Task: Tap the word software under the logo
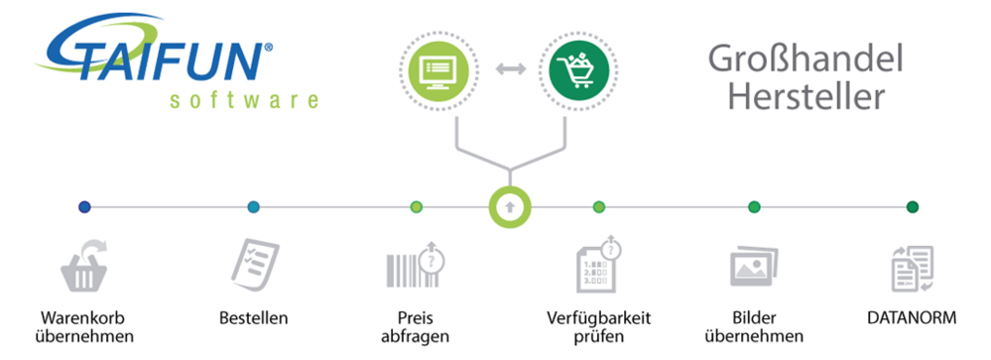[244, 100]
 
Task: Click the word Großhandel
[805, 60]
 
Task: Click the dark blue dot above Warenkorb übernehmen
[84, 207]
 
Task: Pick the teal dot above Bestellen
[253, 207]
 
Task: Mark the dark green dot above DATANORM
[913, 207]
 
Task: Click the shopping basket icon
[84, 265]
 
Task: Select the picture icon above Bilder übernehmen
[753, 266]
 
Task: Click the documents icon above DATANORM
[913, 266]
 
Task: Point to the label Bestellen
[253, 318]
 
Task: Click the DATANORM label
[913, 318]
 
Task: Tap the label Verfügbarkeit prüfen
[598, 327]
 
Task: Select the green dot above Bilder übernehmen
[754, 207]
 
